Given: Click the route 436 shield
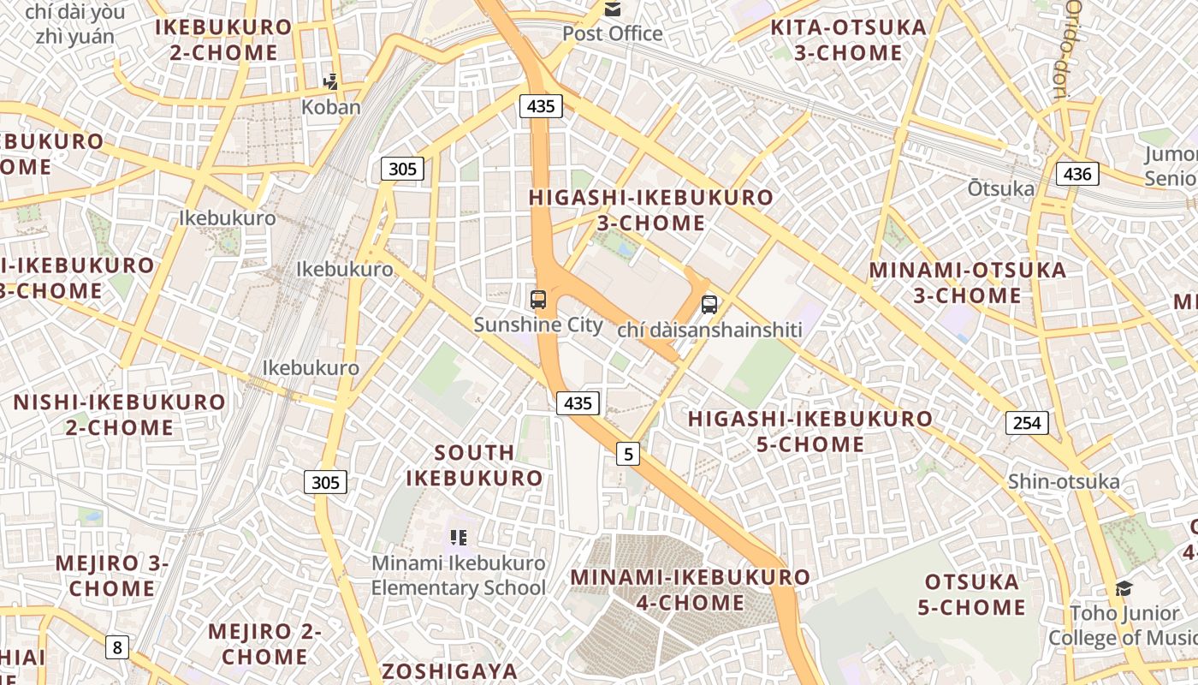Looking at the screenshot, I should click(x=1077, y=175).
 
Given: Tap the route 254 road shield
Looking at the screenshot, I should click(x=1027, y=422).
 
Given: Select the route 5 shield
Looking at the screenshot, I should click(x=629, y=454).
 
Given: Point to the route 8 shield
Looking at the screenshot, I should click(x=117, y=647).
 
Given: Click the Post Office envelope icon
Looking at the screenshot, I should click(x=613, y=9).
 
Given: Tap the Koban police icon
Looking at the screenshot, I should click(x=330, y=82).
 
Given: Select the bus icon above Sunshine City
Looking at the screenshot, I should click(x=538, y=300).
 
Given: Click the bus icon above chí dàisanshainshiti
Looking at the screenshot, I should click(x=709, y=304).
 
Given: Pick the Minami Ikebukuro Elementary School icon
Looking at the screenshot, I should click(x=459, y=538).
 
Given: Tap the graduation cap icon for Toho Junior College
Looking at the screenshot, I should click(x=1124, y=588).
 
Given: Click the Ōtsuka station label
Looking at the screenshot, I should click(x=1001, y=188).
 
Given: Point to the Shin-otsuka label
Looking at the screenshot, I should click(x=1064, y=481).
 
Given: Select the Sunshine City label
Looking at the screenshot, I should click(x=538, y=325).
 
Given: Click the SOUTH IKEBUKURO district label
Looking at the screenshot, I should click(x=474, y=465).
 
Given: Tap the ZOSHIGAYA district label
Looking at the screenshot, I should click(x=450, y=670).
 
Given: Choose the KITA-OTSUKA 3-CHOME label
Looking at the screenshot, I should click(x=848, y=40).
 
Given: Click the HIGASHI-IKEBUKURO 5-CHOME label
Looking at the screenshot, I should click(x=810, y=432).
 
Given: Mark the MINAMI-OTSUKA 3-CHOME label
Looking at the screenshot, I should click(x=968, y=283).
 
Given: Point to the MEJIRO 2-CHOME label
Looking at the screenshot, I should click(x=264, y=644).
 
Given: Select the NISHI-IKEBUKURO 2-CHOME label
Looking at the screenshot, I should click(x=119, y=414).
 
